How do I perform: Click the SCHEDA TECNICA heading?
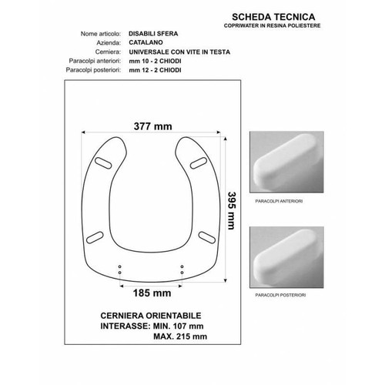[x=273, y=17]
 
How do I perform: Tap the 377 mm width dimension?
[x=153, y=126]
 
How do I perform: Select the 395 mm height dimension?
[x=232, y=210]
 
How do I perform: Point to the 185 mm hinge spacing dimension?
[x=152, y=293]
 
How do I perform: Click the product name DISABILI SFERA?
[x=153, y=34]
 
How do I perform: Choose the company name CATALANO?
[x=146, y=42]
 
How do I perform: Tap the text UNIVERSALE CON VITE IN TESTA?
[x=179, y=52]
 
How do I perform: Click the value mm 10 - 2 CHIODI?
[x=155, y=61]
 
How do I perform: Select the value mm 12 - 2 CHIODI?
[x=155, y=70]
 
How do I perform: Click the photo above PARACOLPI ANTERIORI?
[x=286, y=162]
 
